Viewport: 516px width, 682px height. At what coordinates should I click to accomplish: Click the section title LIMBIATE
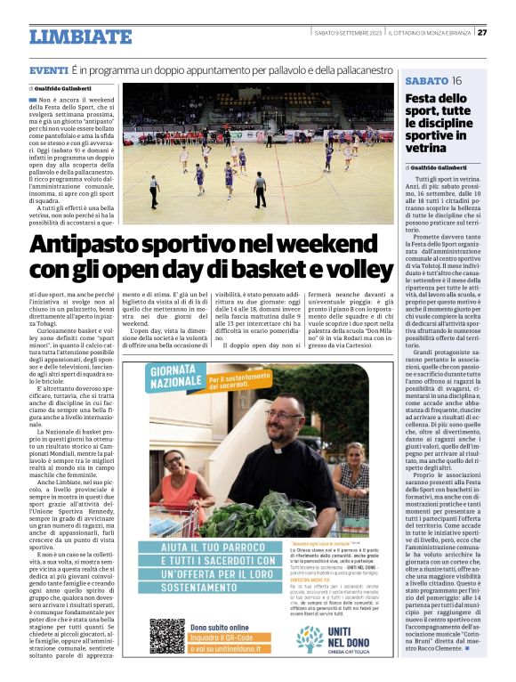click(x=80, y=37)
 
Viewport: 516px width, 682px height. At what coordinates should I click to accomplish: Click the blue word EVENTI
click(x=49, y=69)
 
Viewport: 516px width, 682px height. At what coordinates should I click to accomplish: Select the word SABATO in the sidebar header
click(x=427, y=81)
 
